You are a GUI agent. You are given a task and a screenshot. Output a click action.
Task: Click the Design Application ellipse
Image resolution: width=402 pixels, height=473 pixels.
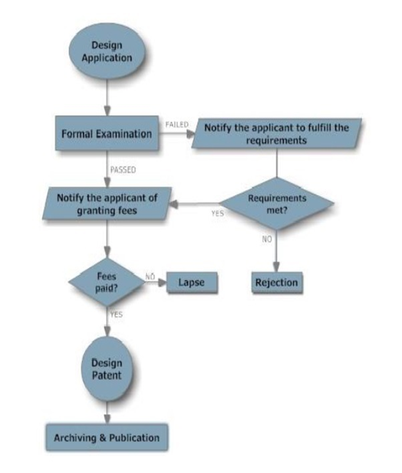(x=107, y=52)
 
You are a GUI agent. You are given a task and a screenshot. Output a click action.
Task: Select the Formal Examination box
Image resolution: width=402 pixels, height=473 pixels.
(x=107, y=134)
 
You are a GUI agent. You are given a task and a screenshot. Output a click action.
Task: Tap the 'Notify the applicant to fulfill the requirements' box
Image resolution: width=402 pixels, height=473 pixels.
(x=276, y=134)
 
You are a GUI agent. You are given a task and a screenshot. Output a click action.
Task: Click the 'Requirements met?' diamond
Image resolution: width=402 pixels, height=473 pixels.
(x=277, y=204)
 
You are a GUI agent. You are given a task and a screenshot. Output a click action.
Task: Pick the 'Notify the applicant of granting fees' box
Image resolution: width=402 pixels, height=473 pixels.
(x=107, y=204)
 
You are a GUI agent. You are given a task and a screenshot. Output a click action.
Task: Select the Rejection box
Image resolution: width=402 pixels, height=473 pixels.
(x=276, y=282)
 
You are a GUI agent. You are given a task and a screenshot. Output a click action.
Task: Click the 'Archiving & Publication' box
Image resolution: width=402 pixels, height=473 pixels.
(x=107, y=437)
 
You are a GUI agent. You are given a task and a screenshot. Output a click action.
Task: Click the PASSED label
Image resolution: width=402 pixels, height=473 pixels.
(x=123, y=169)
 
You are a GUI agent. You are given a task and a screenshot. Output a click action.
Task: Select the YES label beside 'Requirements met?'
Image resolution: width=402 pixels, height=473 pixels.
(x=218, y=214)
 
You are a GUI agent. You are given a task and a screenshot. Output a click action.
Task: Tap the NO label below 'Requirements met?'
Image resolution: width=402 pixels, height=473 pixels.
(x=267, y=239)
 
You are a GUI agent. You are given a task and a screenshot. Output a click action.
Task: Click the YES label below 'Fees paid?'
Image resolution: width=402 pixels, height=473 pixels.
(x=116, y=315)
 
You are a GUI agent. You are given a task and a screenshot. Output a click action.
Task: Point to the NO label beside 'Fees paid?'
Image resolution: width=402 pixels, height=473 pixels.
(x=150, y=275)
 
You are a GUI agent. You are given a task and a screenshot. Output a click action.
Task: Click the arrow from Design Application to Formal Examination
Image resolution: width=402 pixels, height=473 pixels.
(x=107, y=97)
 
